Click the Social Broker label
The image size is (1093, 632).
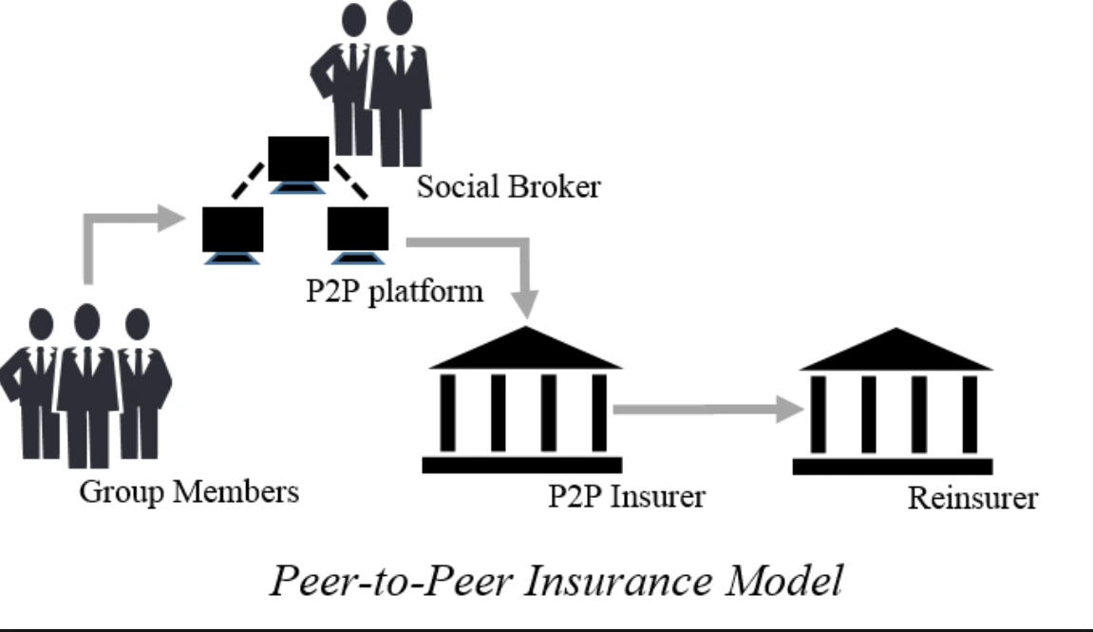[x=509, y=186]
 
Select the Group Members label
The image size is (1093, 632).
[x=189, y=492]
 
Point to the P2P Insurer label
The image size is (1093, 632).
[x=626, y=495]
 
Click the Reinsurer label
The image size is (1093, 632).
[x=972, y=498]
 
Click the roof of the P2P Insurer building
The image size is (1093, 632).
[x=525, y=352]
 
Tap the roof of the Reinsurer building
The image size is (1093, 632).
[x=896, y=353]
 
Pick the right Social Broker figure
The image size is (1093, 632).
[x=398, y=86]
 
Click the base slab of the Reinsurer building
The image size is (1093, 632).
[x=892, y=467]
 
